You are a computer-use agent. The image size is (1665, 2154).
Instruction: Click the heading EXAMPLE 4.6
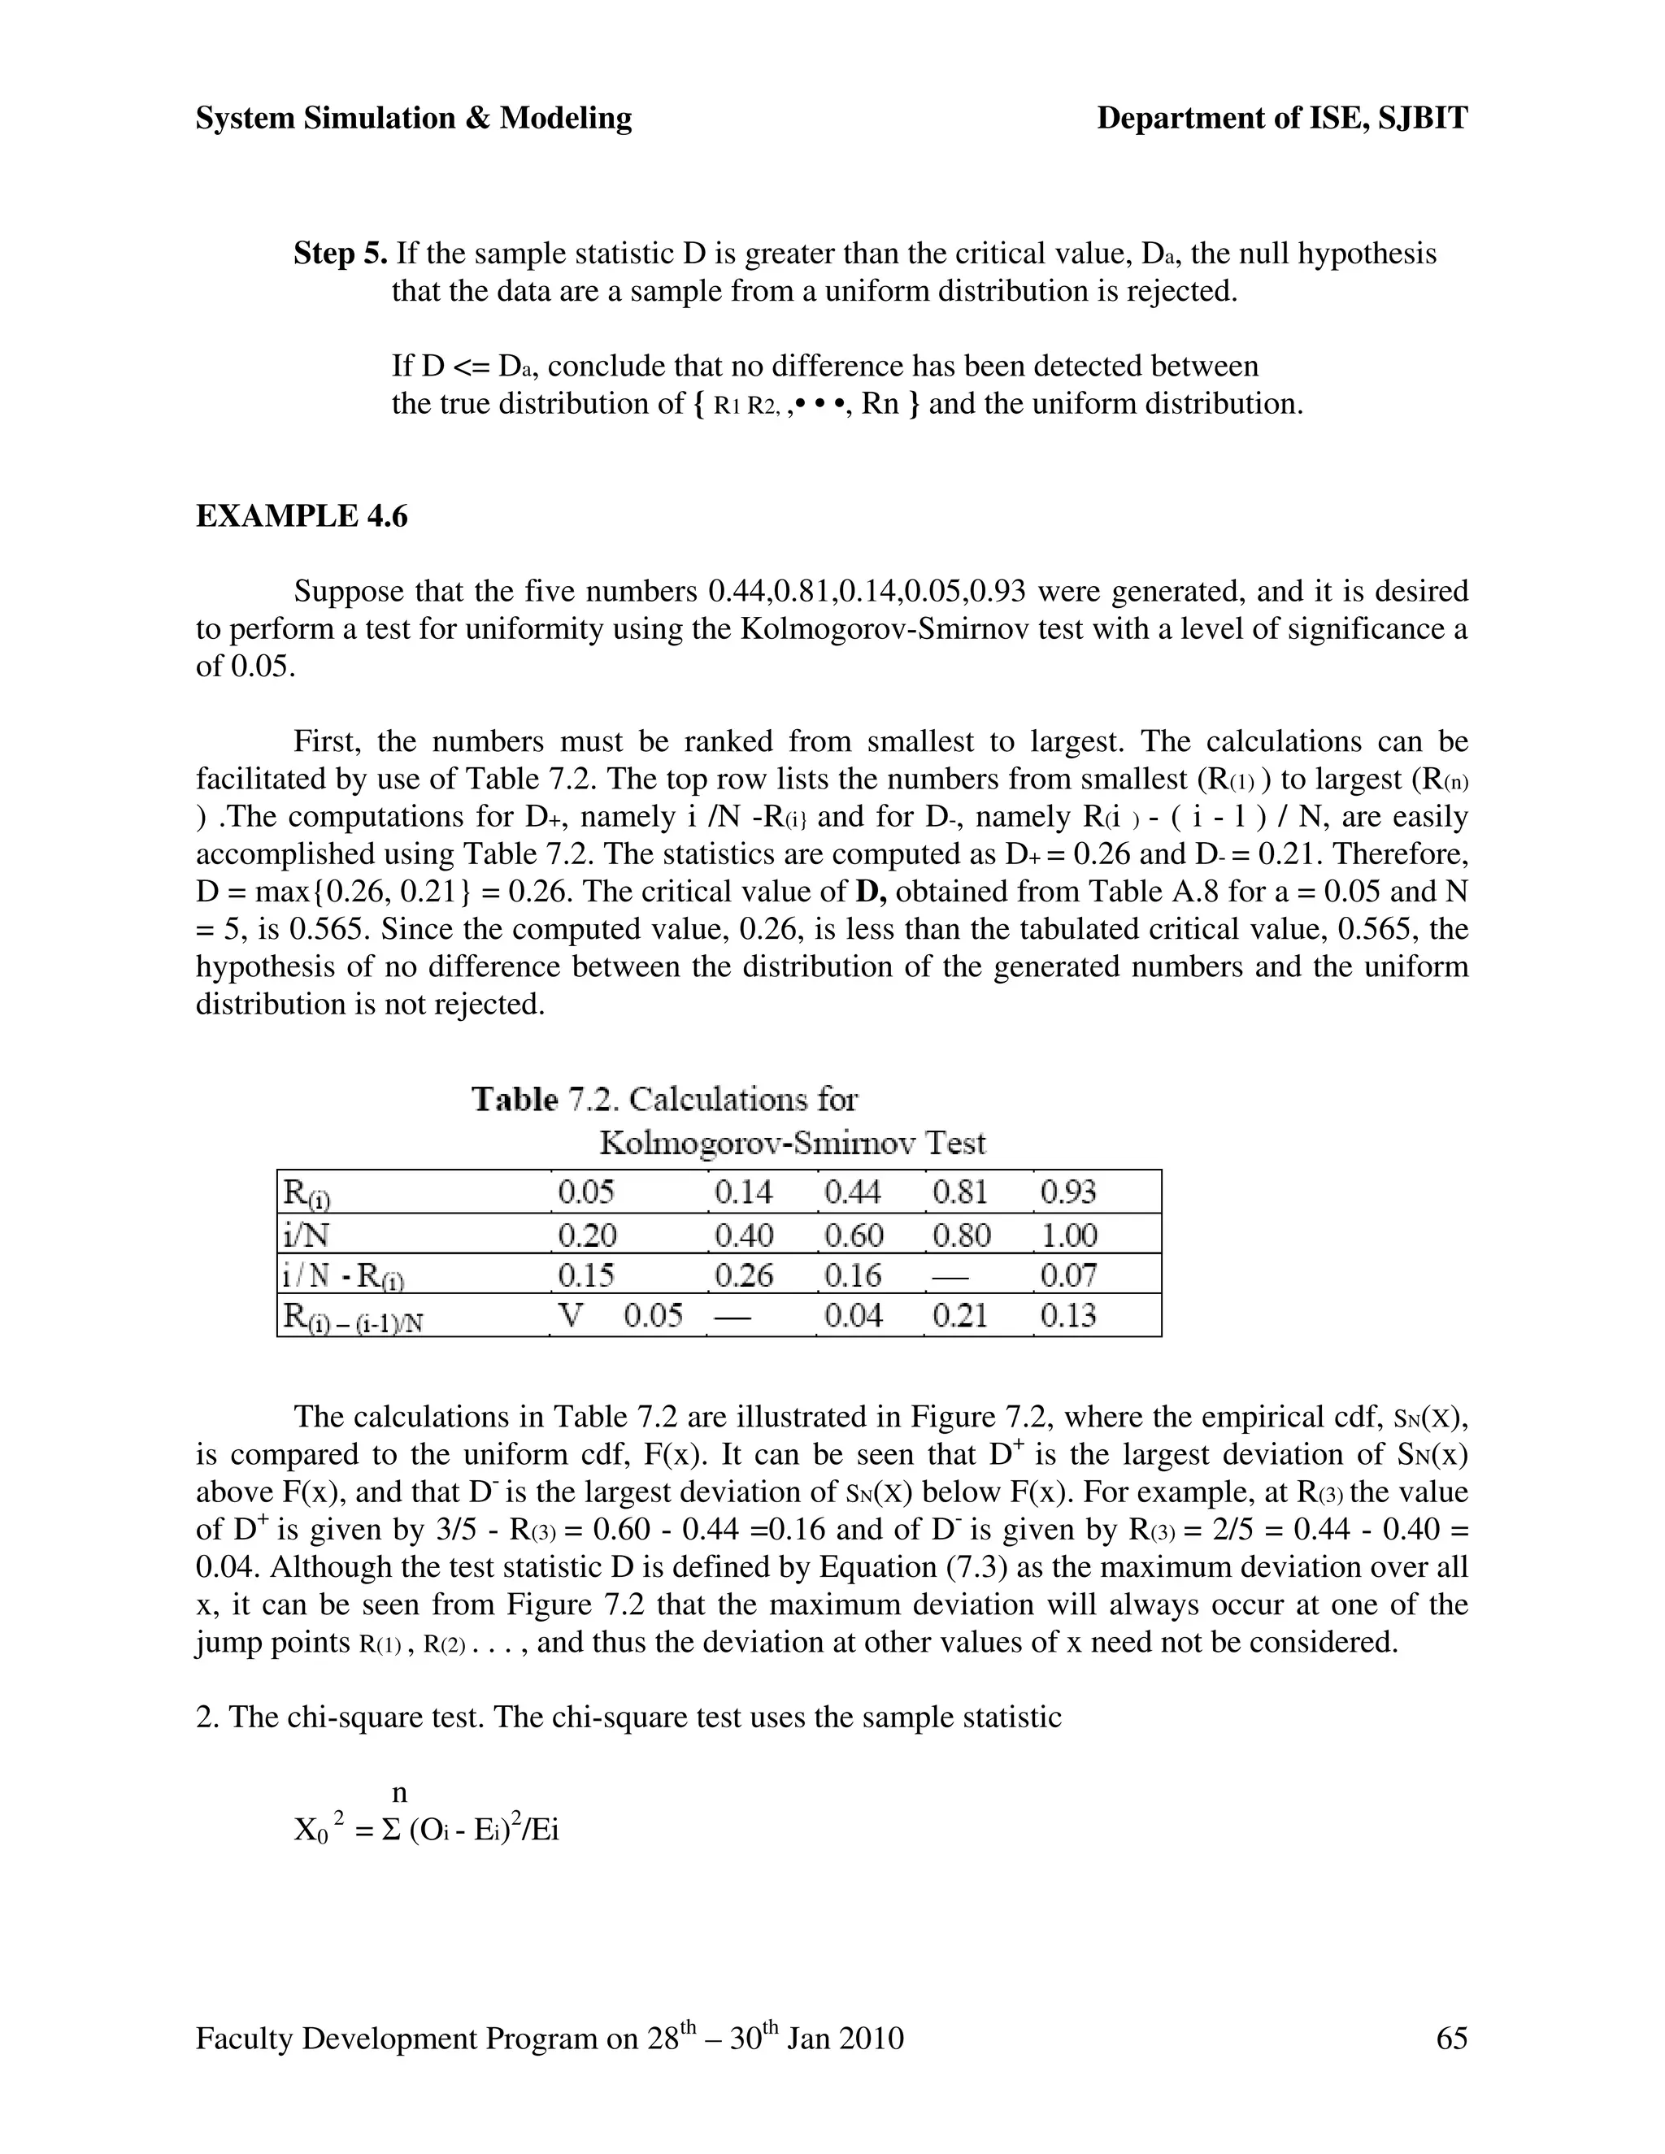coord(301,516)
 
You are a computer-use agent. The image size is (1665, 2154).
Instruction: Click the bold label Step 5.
coord(341,254)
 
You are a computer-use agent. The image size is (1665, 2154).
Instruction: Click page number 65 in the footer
coord(1451,2039)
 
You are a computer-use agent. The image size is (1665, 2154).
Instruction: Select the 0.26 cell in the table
coord(744,1276)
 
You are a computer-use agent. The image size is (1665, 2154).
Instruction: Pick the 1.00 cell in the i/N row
coord(1069,1235)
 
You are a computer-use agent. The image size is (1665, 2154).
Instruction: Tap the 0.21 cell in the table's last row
coord(960,1316)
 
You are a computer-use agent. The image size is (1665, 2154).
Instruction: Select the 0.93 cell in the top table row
coord(1068,1192)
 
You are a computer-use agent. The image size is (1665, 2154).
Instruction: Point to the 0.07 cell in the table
coord(1068,1276)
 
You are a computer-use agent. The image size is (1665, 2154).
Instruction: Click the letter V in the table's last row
coord(570,1316)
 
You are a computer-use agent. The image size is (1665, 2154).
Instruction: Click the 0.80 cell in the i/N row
coord(961,1235)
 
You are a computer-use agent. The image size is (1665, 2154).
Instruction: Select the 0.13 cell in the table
coord(1068,1316)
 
